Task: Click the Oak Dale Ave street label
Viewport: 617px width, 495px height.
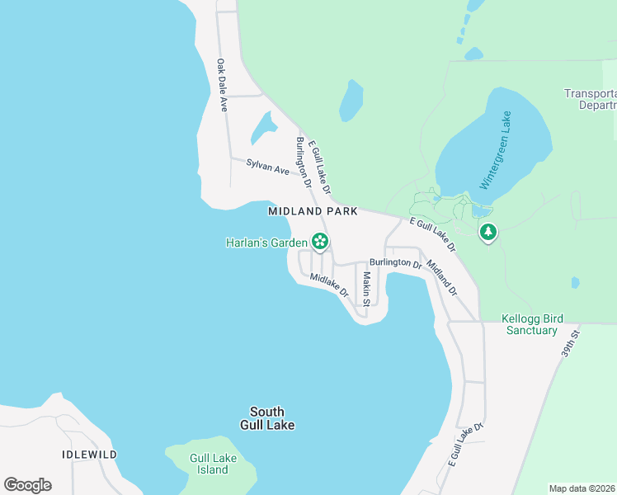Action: pyautogui.click(x=221, y=85)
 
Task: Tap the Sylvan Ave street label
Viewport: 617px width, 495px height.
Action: pyautogui.click(x=268, y=166)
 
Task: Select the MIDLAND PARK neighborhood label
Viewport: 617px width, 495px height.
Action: pyautogui.click(x=313, y=211)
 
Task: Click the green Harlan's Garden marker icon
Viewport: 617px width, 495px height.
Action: pyautogui.click(x=320, y=243)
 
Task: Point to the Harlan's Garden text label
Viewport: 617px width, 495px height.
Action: pyautogui.click(x=266, y=243)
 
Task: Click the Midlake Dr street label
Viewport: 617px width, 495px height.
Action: pyautogui.click(x=329, y=285)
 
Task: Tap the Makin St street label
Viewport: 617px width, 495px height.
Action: pyautogui.click(x=365, y=290)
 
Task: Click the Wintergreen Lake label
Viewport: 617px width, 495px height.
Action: pyautogui.click(x=495, y=151)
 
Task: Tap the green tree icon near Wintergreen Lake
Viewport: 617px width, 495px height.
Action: pyautogui.click(x=488, y=233)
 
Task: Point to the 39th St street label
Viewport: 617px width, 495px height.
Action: pyautogui.click(x=572, y=341)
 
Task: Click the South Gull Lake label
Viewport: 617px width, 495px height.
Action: pyautogui.click(x=266, y=418)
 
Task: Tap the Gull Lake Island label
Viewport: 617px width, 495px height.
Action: pyautogui.click(x=210, y=464)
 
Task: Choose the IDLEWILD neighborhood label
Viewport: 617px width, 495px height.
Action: pyautogui.click(x=89, y=455)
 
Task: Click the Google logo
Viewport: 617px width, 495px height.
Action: pyautogui.click(x=28, y=485)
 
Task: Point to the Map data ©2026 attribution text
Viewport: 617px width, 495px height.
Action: pyautogui.click(x=581, y=488)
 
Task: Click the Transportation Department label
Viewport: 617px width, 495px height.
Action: pyautogui.click(x=590, y=99)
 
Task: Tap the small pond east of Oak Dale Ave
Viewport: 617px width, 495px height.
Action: pyautogui.click(x=264, y=128)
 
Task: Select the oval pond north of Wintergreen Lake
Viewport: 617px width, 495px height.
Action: pyautogui.click(x=351, y=101)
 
